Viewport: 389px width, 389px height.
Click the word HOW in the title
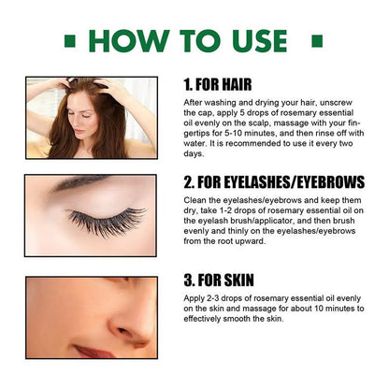[x=129, y=41]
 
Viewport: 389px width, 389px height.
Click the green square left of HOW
[x=70, y=41]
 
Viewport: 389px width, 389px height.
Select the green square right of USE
[x=317, y=41]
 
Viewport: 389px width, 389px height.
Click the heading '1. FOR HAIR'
[x=218, y=85]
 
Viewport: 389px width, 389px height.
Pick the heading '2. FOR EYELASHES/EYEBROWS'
[x=274, y=182]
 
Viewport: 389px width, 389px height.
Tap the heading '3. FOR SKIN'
[x=219, y=280]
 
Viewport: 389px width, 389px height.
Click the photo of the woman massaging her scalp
[x=92, y=118]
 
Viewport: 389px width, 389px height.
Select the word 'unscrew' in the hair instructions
[x=336, y=103]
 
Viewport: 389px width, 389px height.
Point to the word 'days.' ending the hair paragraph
[x=194, y=153]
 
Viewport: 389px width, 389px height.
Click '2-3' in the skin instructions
[x=212, y=298]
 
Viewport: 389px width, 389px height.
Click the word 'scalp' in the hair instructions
[x=259, y=122]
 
